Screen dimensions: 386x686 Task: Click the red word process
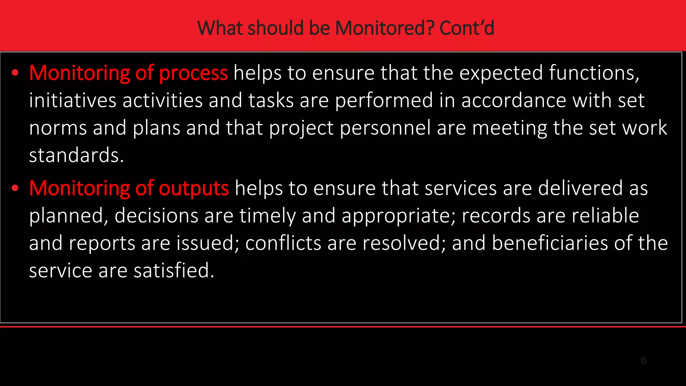[x=193, y=73]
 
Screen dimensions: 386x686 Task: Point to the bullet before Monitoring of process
[x=15, y=73]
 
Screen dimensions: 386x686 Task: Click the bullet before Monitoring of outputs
[x=15, y=188]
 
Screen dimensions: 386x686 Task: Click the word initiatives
[x=72, y=101]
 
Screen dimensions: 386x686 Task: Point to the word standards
[x=76, y=155]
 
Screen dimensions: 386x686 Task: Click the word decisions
[x=156, y=216]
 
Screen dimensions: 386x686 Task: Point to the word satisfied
[x=174, y=271]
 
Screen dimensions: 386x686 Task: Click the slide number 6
[x=643, y=361]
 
